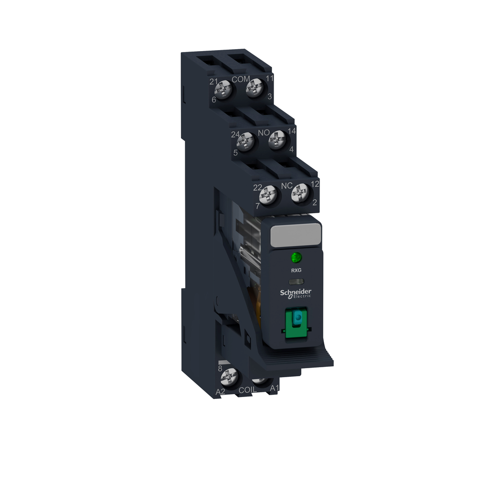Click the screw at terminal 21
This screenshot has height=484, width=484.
[x=225, y=88]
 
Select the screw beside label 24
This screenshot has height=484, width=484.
[x=245, y=141]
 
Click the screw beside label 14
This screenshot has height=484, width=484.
[x=277, y=140]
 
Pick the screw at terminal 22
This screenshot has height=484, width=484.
[x=268, y=194]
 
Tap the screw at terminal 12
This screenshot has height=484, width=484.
[x=300, y=192]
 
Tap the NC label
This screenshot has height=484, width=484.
[x=286, y=186]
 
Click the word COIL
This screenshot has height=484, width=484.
[x=248, y=390]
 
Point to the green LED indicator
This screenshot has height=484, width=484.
[x=296, y=258]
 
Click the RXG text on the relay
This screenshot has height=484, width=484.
[x=296, y=271]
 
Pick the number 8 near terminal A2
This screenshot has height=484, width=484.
[x=220, y=368]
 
